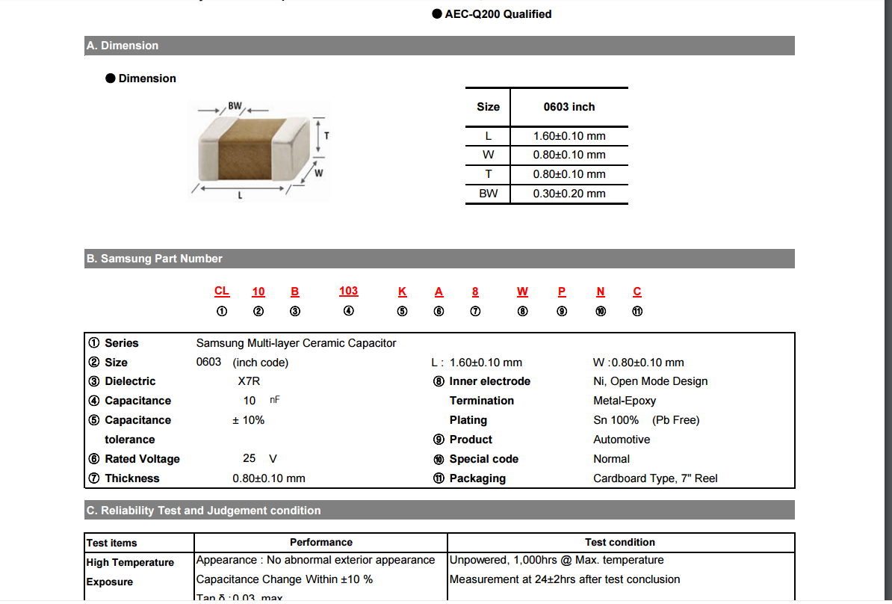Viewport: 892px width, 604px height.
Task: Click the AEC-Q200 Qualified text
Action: tap(498, 14)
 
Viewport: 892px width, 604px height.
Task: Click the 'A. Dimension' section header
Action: tap(123, 46)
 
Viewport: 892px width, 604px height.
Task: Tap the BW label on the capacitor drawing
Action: tap(235, 106)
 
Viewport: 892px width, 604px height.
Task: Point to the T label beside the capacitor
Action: tap(326, 136)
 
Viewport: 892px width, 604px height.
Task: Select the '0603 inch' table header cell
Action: tap(569, 107)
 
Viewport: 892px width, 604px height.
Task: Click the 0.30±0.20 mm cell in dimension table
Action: tap(569, 194)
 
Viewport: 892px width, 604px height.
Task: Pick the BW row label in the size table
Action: tap(488, 194)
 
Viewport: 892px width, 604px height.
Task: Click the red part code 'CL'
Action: tap(222, 292)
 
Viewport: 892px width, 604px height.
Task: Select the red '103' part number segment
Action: tap(348, 292)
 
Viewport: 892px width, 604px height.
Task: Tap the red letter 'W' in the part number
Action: tap(522, 292)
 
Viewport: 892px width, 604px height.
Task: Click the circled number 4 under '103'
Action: tap(348, 311)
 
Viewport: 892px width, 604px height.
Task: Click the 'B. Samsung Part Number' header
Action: tap(155, 259)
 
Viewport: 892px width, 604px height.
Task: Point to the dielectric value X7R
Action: tap(249, 381)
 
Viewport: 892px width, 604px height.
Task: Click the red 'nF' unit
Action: tap(275, 400)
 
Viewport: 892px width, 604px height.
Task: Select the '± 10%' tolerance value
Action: tap(249, 420)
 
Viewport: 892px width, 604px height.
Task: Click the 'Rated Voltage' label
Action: tap(142, 459)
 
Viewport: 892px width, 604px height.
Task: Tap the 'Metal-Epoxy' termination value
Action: tap(625, 401)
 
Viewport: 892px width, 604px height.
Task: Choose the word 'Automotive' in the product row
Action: tap(622, 440)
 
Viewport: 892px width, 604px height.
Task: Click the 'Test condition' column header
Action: tap(620, 543)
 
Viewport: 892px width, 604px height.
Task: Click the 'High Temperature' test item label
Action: tap(130, 562)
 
